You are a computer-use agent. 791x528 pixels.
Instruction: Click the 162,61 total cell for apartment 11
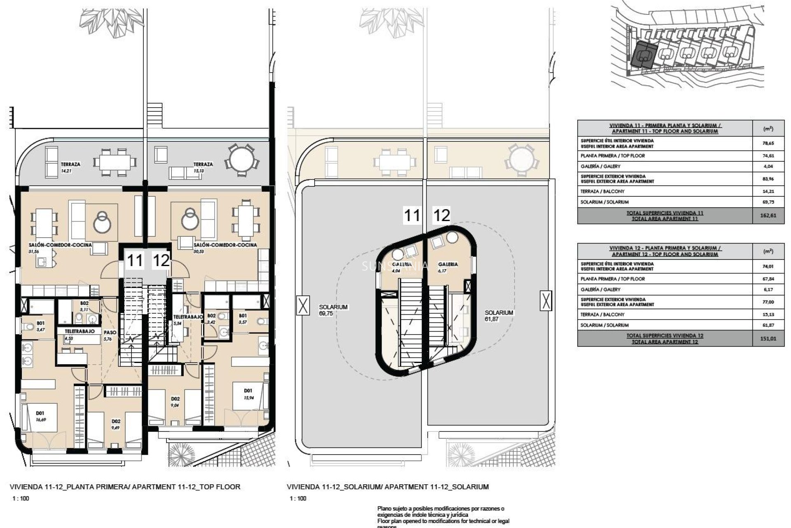coord(768,215)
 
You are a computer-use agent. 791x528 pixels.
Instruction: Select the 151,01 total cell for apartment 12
coord(768,339)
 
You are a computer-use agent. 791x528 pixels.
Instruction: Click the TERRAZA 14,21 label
coord(70,167)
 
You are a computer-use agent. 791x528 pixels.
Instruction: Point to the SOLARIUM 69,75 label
coord(333,310)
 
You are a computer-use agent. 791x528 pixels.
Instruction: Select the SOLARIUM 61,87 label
coord(498,316)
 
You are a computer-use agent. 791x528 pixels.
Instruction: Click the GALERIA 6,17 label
coord(448,267)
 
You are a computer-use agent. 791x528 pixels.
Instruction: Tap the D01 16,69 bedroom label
coord(40,416)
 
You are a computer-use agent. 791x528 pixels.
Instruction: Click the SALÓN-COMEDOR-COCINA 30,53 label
coord(225,247)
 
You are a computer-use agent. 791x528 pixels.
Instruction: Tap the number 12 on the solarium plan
coord(441,215)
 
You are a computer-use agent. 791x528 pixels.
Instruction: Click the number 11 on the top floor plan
coord(135,261)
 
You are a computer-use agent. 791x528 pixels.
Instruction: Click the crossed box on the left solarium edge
coord(303,306)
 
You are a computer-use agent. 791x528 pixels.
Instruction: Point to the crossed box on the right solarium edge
coord(545,300)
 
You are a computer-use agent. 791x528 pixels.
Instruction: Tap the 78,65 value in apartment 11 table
coord(768,143)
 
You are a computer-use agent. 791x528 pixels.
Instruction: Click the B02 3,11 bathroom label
coord(84,306)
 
